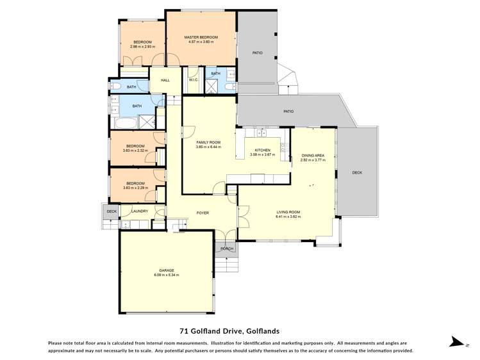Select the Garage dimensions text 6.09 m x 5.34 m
coord(166,275)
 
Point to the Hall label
coord(165,80)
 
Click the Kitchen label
coord(262,150)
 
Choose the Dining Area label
coord(313,156)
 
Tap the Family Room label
coord(208,142)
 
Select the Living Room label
coord(288,212)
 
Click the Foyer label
coord(203,213)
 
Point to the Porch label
coord(226,249)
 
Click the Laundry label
coord(140,211)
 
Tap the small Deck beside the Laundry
coord(112,211)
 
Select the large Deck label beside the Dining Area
coord(358,172)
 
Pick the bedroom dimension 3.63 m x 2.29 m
coord(135,188)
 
